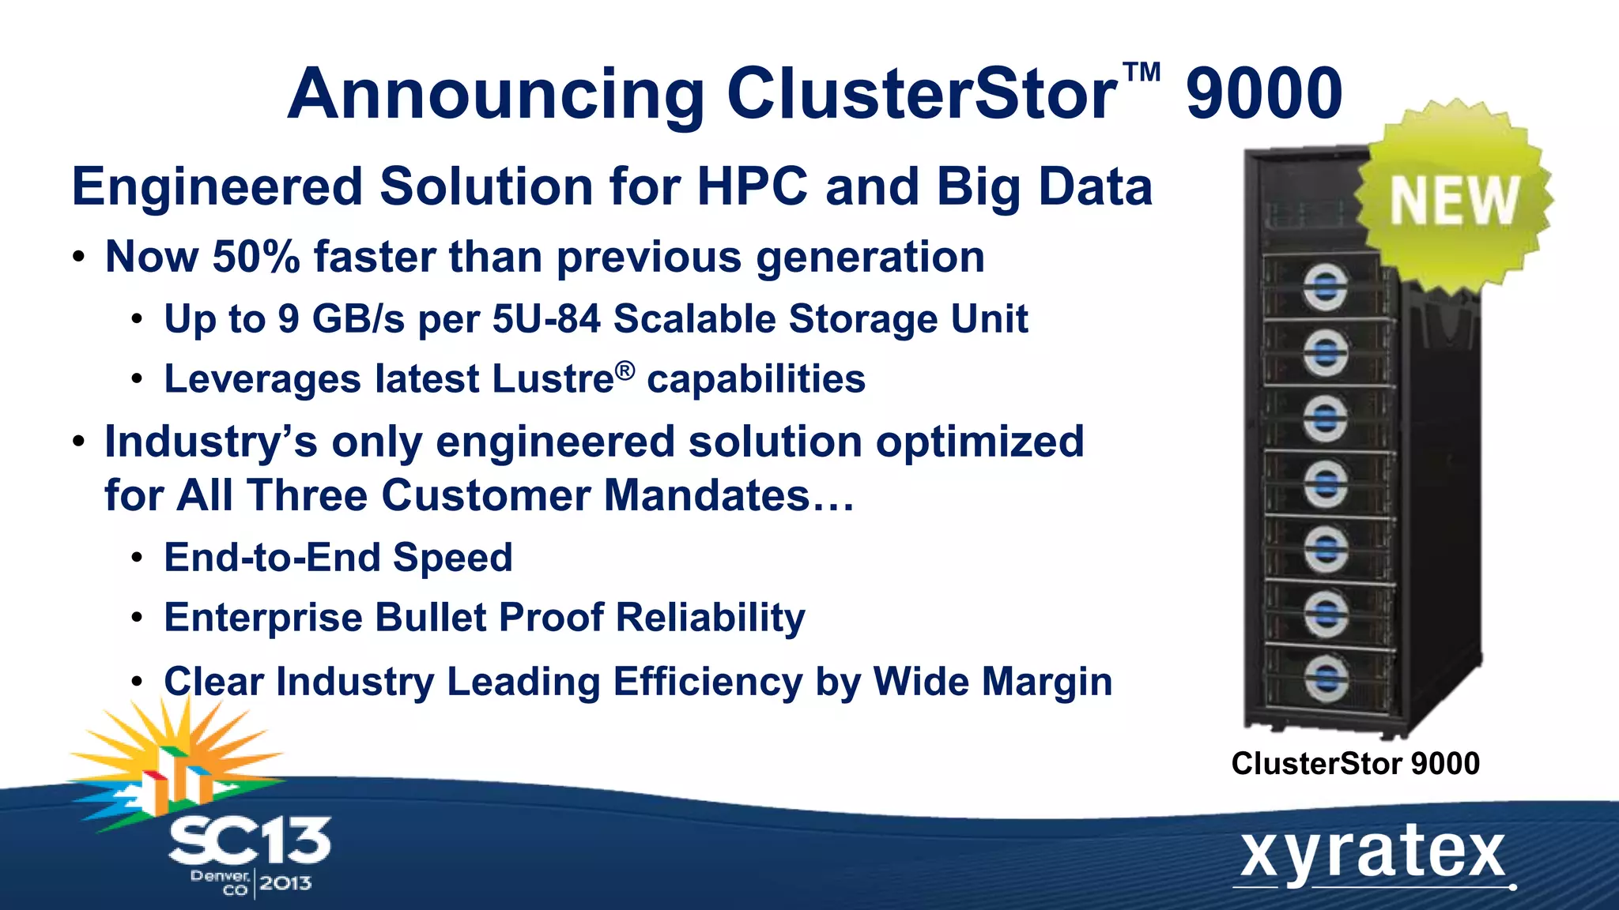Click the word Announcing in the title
click(496, 95)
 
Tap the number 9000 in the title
click(1263, 95)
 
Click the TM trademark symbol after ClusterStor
click(1142, 73)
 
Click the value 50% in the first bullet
click(256, 257)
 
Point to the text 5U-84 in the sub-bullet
click(546, 319)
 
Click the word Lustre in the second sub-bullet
click(553, 379)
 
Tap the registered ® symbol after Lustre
click(625, 370)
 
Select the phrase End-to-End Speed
click(338, 558)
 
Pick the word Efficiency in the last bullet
click(708, 682)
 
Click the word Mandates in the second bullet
click(706, 496)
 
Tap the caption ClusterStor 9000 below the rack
click(1355, 763)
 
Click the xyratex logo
click(1372, 855)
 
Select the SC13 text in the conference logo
click(249, 841)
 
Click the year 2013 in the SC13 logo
click(285, 883)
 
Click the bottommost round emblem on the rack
click(1325, 678)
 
